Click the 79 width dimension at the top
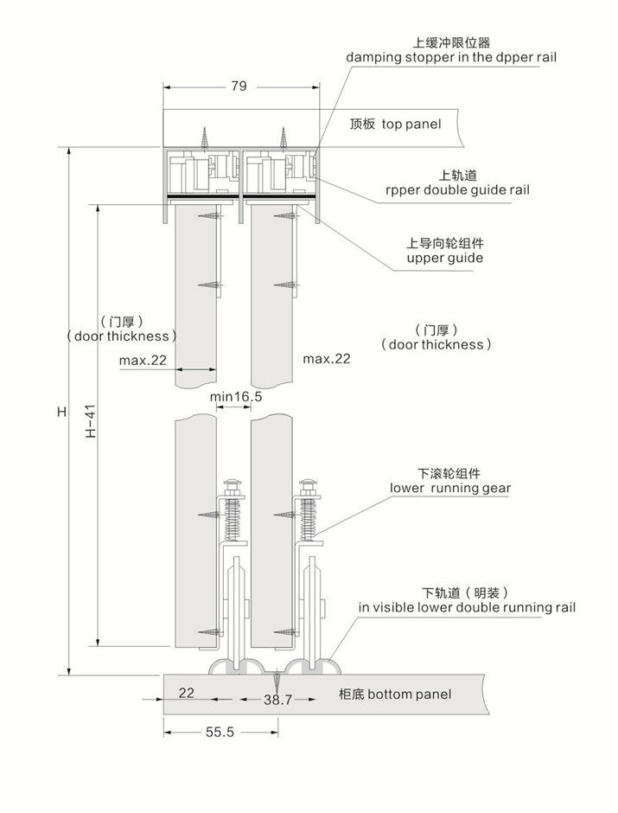click(239, 86)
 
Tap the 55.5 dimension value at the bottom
click(220, 732)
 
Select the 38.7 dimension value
click(278, 700)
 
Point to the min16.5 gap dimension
click(236, 397)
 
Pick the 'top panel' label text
click(411, 125)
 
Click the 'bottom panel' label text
click(409, 695)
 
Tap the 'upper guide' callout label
click(445, 259)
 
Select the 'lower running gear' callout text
click(450, 489)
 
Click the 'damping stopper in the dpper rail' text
click(451, 57)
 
